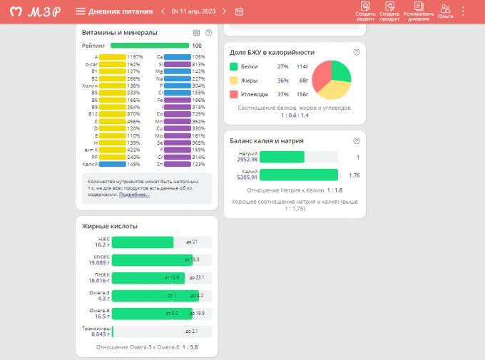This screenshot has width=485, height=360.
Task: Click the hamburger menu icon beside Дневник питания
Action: click(81, 11)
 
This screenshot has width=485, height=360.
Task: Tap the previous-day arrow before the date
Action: click(163, 11)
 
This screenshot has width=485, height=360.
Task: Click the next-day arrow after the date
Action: click(224, 11)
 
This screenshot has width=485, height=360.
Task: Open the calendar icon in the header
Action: click(239, 11)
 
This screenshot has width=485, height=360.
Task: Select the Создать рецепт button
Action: click(365, 11)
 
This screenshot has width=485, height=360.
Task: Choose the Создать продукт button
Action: click(389, 11)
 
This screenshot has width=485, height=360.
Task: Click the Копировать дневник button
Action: click(419, 11)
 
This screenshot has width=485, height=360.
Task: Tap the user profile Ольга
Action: click(446, 11)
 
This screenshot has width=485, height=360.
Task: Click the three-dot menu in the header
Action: click(464, 11)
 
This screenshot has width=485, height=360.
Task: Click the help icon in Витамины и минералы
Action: click(208, 33)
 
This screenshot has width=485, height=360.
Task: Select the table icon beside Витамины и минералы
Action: click(196, 33)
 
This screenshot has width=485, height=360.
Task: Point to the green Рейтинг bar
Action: click(149, 46)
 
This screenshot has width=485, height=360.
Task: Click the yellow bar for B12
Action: click(113, 114)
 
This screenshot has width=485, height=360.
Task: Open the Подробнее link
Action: click(134, 195)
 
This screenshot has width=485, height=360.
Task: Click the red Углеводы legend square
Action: click(233, 94)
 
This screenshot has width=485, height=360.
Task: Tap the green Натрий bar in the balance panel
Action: click(282, 158)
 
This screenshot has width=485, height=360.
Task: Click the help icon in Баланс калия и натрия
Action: click(356, 140)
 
